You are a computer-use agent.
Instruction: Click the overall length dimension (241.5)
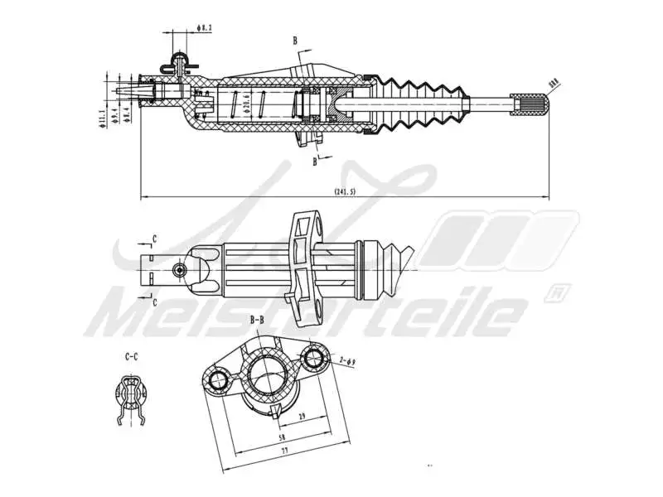(x=345, y=191)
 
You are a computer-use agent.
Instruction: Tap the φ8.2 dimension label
(x=205, y=28)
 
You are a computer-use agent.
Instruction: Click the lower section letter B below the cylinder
(x=315, y=162)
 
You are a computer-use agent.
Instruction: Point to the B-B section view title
(x=257, y=319)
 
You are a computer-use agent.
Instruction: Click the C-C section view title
(x=131, y=357)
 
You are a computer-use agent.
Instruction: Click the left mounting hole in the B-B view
(x=218, y=380)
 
